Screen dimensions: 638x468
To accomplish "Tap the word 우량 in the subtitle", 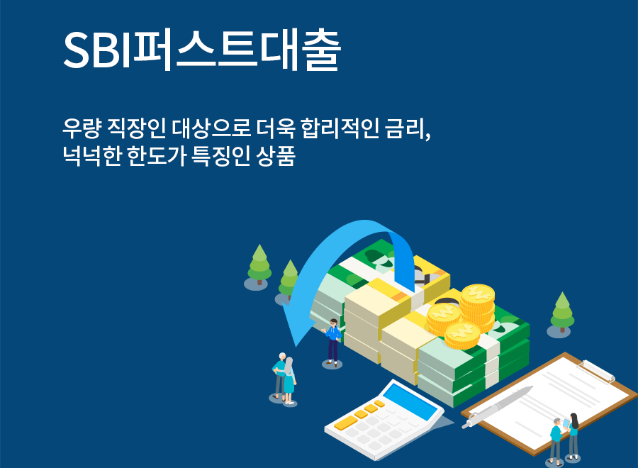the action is pos(81,128).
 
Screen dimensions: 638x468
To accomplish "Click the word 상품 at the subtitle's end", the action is pos(276,155).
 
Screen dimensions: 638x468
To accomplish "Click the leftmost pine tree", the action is pos(259,264).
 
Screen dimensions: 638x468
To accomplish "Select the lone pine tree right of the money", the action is pos(562,312).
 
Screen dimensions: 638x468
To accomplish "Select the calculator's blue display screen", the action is pos(411,401).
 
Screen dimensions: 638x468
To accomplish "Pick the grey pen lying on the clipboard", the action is pos(497,406).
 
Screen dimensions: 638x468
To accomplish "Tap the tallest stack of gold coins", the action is pos(478,306).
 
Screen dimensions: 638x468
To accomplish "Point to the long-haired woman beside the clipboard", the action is pos(573,436).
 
